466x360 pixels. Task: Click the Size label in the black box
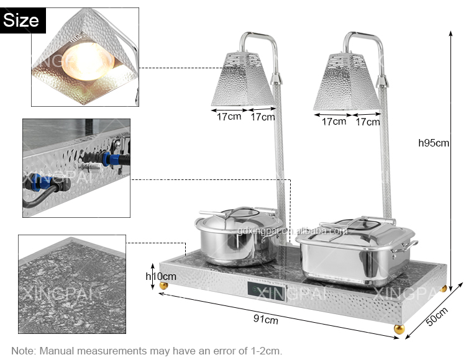(22, 20)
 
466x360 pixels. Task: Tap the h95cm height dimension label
(433, 143)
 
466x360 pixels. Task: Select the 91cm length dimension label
(265, 320)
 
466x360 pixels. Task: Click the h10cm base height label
(161, 276)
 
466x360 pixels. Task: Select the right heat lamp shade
(348, 83)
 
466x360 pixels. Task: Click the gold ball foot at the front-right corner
(401, 327)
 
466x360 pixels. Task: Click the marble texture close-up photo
(72, 283)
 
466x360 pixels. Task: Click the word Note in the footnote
(24, 351)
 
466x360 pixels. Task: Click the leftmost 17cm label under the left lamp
(229, 117)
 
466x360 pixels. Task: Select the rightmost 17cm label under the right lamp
(368, 122)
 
